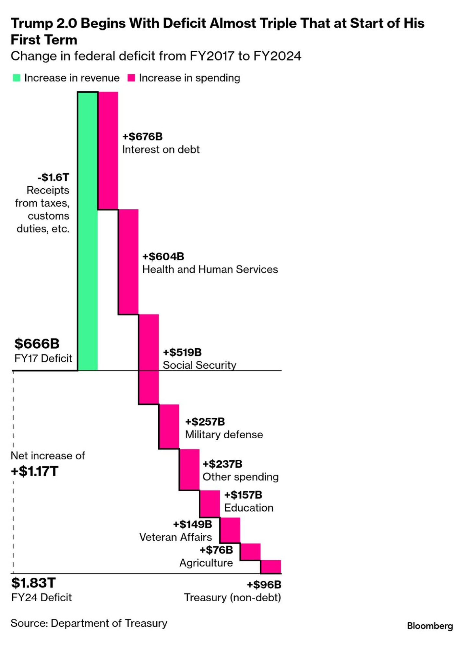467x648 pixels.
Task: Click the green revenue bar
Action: pos(88,231)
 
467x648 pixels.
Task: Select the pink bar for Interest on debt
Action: pos(108,151)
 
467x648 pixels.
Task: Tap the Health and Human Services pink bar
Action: pos(128,262)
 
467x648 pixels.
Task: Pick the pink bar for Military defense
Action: pos(169,427)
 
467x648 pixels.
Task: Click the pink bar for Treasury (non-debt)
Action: pos(271,567)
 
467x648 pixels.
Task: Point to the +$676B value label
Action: pos(142,136)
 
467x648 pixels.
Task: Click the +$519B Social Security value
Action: pos(182,352)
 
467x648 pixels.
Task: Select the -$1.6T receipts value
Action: pos(54,177)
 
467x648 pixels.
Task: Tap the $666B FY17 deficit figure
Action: pos(37,343)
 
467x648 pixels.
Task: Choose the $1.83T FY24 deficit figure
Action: pos(33,583)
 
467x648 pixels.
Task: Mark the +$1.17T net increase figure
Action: pos(35,471)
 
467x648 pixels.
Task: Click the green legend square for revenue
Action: pos(17,78)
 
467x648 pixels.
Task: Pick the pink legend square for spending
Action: pos(131,78)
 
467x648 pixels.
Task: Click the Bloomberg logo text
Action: pos(430,626)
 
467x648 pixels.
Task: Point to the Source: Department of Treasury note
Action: pos(89,623)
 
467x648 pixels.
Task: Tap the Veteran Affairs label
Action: pos(175,537)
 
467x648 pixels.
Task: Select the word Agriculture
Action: pos(206,563)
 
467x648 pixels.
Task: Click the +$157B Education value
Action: pos(243,495)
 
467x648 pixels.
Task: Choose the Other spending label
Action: pos(241,477)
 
